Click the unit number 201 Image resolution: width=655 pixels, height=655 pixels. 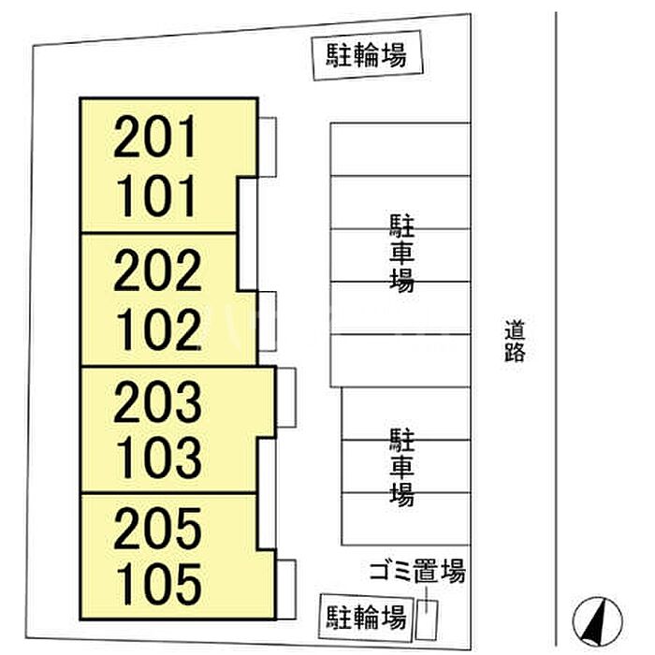155,137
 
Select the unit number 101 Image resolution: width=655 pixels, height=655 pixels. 156,196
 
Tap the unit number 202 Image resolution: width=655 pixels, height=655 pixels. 157,269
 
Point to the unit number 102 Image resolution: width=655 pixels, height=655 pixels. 159,328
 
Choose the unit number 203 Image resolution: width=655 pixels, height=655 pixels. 157,401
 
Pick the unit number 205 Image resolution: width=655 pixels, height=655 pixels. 157,528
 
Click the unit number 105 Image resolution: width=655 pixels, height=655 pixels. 159,584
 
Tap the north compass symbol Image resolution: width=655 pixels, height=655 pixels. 597,621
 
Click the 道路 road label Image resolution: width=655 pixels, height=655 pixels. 515,341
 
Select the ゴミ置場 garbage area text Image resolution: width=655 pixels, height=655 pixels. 417,571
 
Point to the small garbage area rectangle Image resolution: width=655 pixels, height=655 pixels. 426,619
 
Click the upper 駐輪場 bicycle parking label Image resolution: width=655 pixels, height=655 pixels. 367,55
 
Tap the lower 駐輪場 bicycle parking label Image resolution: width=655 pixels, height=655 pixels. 367,617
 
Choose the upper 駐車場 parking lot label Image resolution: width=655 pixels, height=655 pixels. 401,254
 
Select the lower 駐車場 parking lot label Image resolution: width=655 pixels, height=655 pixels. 401,467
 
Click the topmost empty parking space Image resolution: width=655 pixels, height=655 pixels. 400,149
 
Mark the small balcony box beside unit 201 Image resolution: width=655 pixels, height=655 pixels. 268,147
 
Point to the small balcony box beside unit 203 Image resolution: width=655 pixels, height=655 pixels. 286,398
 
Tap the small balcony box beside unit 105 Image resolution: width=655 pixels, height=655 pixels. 286,589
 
